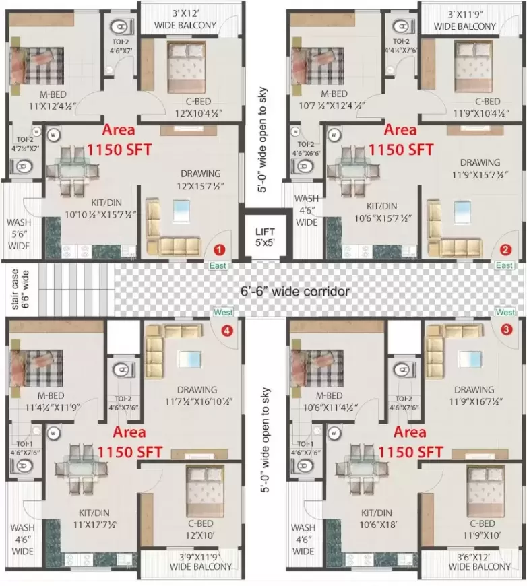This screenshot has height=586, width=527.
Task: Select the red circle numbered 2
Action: click(x=506, y=249)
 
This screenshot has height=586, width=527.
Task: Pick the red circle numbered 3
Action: click(x=505, y=329)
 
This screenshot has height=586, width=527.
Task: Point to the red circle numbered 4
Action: click(x=227, y=330)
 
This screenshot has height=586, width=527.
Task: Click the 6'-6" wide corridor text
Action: click(x=296, y=292)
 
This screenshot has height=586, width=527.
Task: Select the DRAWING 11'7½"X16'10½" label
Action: click(x=197, y=395)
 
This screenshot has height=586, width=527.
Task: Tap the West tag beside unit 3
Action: click(x=505, y=313)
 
